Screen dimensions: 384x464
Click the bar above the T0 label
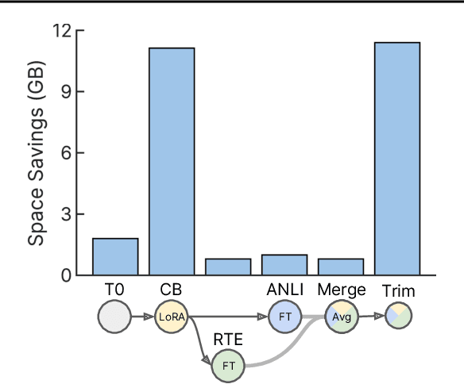click(115, 256)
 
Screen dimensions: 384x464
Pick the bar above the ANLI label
click(284, 265)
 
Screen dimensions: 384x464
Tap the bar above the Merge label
click(341, 267)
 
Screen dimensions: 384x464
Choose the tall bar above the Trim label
click(397, 159)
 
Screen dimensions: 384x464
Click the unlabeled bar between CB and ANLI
click(228, 267)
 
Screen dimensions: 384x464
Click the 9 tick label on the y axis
click(66, 91)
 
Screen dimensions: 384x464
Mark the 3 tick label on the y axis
click(66, 214)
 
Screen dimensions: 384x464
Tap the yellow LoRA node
click(171, 317)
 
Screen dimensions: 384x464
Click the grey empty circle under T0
click(114, 317)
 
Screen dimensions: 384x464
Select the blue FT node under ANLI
click(284, 317)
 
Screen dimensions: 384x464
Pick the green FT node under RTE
click(228, 366)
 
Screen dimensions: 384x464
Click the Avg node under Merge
click(341, 317)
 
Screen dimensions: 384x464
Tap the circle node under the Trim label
click(397, 317)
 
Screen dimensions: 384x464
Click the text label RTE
click(227, 339)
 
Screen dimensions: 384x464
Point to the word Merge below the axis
click(341, 290)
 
